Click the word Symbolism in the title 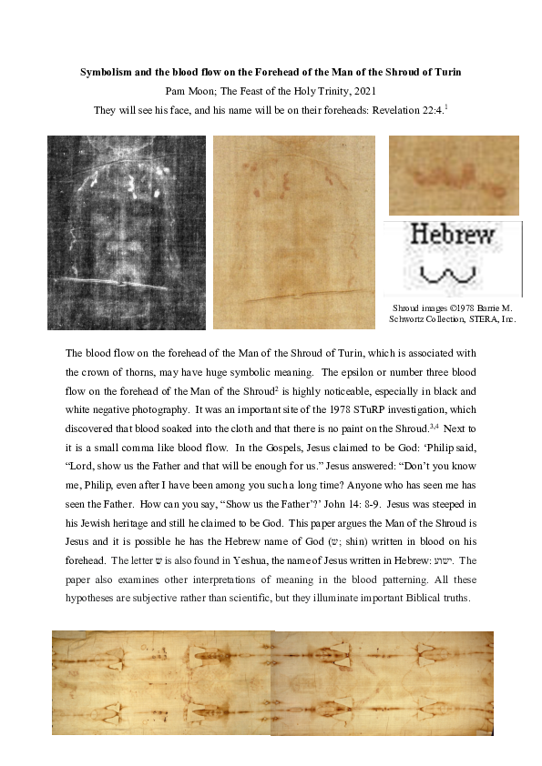click(x=107, y=71)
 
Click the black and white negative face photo click(x=126, y=232)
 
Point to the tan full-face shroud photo click(x=293, y=232)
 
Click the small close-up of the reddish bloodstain click(x=454, y=176)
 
